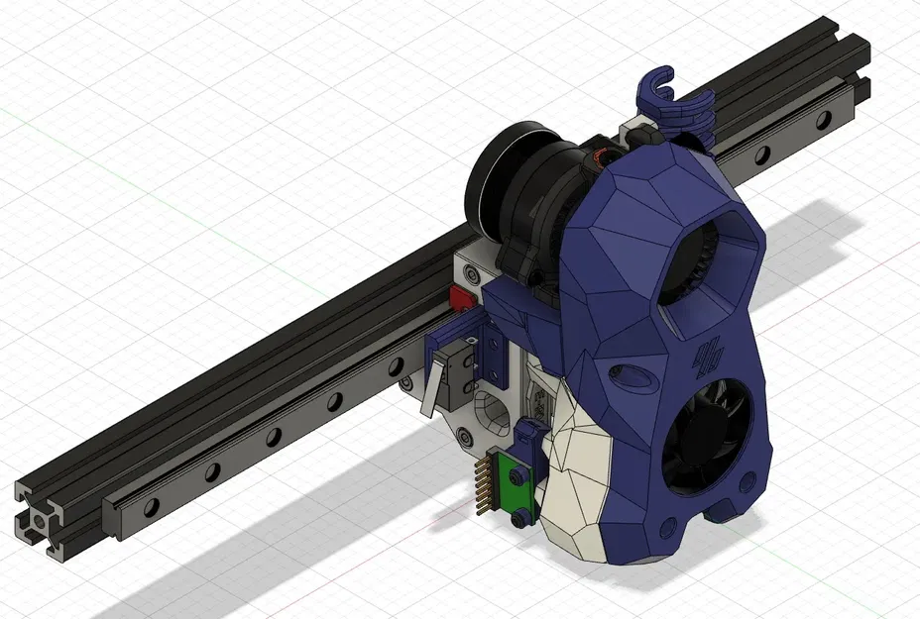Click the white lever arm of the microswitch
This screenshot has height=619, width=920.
pyautogui.click(x=428, y=391)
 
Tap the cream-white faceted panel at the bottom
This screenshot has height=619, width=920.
pyautogui.click(x=573, y=485)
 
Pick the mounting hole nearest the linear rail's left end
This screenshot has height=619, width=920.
pyautogui.click(x=151, y=507)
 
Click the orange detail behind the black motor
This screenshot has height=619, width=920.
pyautogui.click(x=602, y=155)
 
